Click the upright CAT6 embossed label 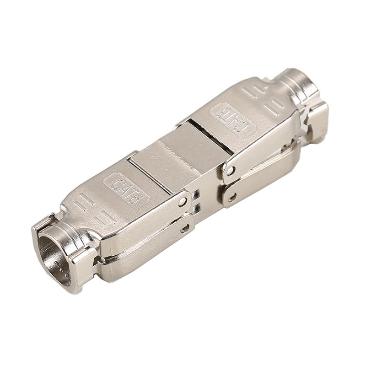pos(126,190)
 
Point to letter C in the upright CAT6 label pos(116,184)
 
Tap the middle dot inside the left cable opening pos(61,269)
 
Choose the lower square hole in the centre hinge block pos(197,208)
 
